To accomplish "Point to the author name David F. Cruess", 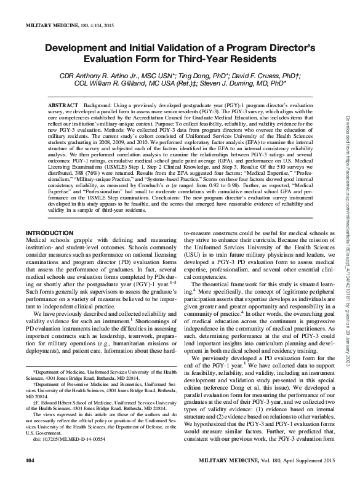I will tap(239, 76).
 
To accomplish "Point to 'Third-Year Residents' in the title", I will tap(218, 60).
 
